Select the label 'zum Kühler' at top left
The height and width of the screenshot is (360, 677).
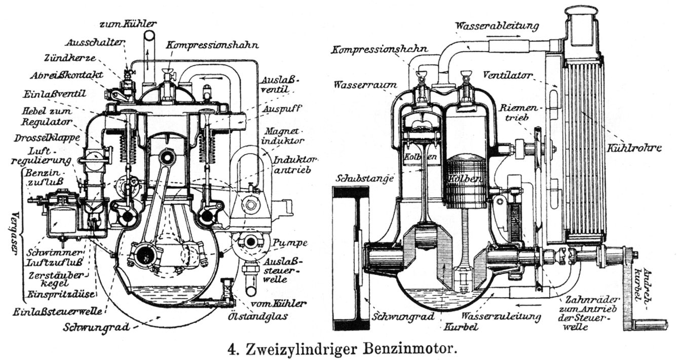128,23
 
